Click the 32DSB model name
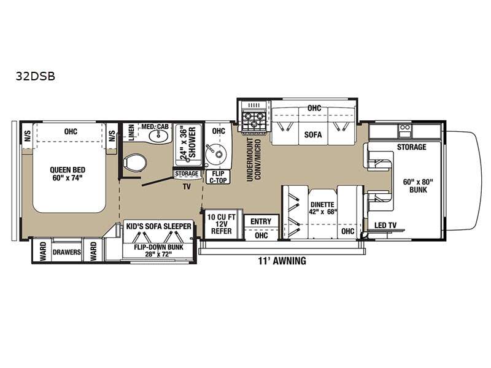[x=36, y=76]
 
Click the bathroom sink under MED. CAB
[x=158, y=136]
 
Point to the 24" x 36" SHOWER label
[x=188, y=143]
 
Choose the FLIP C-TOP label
[x=218, y=177]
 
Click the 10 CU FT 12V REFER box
[x=222, y=223]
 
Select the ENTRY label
[x=261, y=221]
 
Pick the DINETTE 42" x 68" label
[x=323, y=208]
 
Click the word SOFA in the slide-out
[x=313, y=134]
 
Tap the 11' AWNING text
[x=282, y=261]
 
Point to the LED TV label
[x=385, y=225]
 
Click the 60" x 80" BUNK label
[x=418, y=186]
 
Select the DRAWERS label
[x=67, y=252]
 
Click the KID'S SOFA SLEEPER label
[x=158, y=226]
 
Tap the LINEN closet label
[x=131, y=132]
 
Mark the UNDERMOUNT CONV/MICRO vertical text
[x=254, y=159]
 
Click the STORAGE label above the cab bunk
[x=411, y=147]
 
